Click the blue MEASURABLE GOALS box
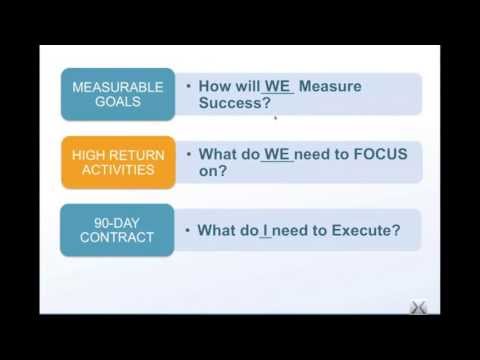117,95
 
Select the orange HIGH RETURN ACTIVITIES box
117,162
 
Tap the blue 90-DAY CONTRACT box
117,230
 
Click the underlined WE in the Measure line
277,87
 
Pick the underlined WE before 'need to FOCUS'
275,155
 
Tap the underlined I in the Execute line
266,230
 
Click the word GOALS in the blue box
117,103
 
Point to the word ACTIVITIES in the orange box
117,170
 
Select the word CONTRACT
117,238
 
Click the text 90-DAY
117,222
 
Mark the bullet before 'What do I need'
188,230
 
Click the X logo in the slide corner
418,306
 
